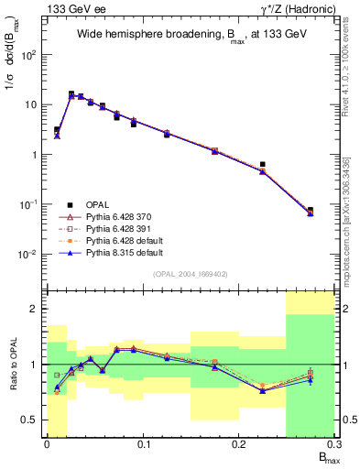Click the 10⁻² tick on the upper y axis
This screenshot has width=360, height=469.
point(30,255)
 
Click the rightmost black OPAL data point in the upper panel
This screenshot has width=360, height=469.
point(310,211)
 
